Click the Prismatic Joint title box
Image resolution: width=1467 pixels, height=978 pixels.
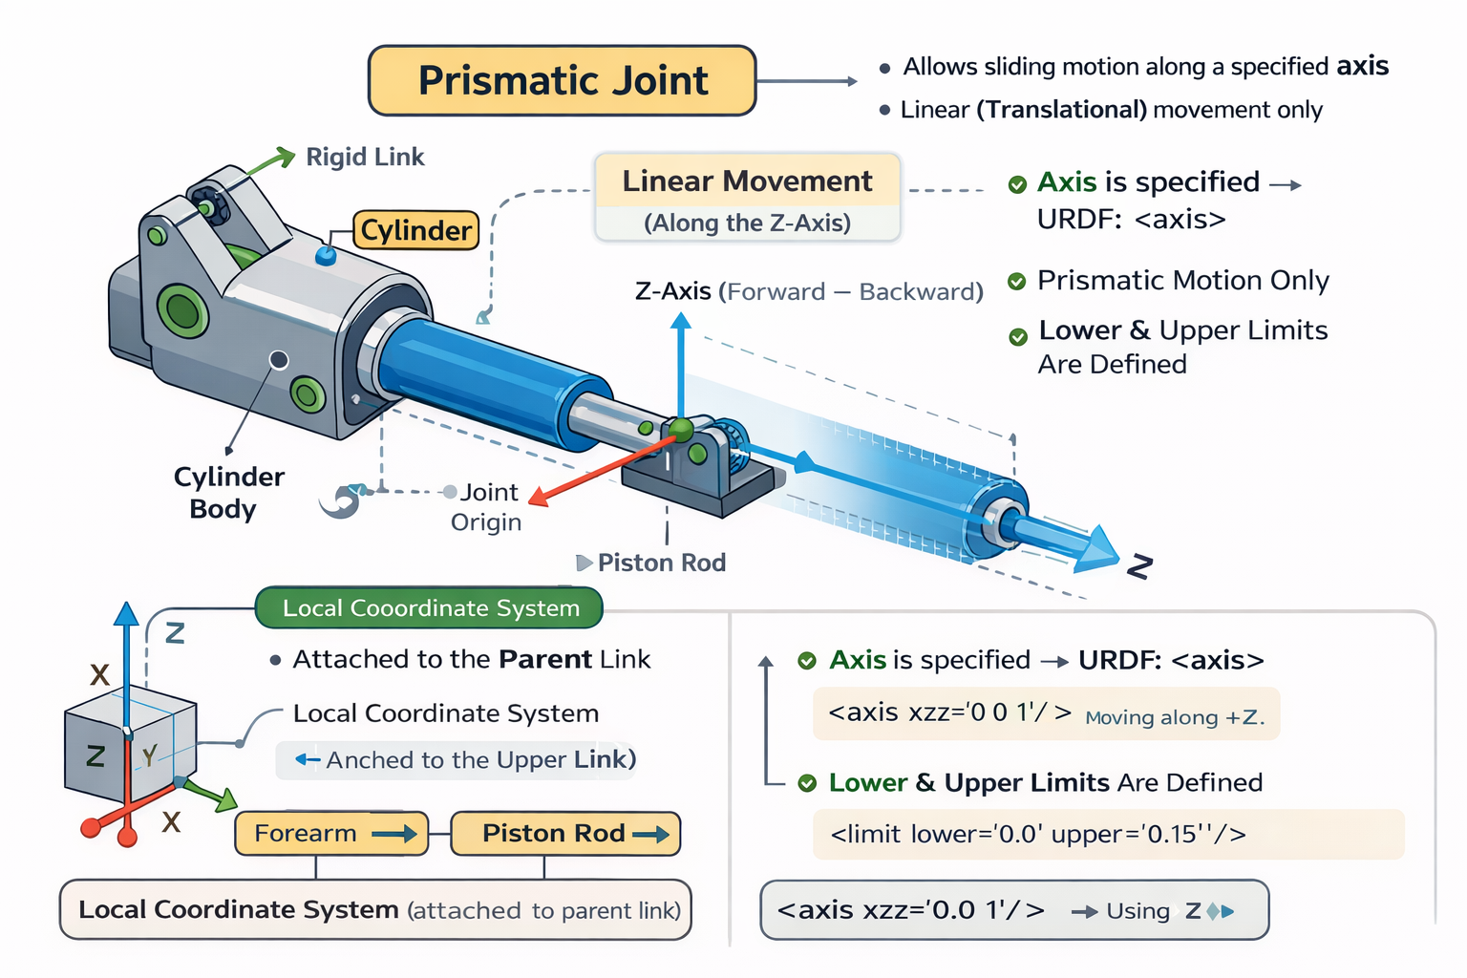pyautogui.click(x=562, y=80)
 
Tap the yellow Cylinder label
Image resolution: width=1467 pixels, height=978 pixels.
pyautogui.click(x=415, y=230)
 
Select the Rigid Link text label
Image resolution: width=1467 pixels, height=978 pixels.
pyautogui.click(x=365, y=157)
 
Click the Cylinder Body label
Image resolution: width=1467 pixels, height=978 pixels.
pyautogui.click(x=227, y=493)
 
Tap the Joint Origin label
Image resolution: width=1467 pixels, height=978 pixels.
pyautogui.click(x=487, y=507)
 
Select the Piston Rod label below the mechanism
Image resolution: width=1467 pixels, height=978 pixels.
pyautogui.click(x=662, y=563)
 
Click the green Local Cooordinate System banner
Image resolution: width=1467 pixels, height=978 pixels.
pyautogui.click(x=429, y=607)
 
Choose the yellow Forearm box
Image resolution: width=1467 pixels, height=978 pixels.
pyautogui.click(x=331, y=833)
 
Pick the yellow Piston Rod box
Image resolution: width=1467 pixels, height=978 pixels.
pyautogui.click(x=565, y=833)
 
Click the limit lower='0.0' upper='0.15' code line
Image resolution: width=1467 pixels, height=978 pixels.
pyautogui.click(x=1038, y=834)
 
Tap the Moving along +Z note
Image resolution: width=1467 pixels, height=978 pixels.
pyautogui.click(x=1174, y=717)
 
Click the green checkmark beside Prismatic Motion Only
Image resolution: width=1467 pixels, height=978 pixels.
pyautogui.click(x=1016, y=282)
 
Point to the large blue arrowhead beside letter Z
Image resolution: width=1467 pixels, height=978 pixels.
pyautogui.click(x=1097, y=549)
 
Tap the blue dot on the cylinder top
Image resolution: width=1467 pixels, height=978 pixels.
pyautogui.click(x=326, y=255)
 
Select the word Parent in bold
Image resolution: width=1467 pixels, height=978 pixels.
pyautogui.click(x=545, y=659)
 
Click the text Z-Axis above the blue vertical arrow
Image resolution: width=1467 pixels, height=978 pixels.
pyautogui.click(x=673, y=291)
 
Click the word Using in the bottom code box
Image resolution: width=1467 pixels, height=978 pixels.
pyautogui.click(x=1137, y=910)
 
